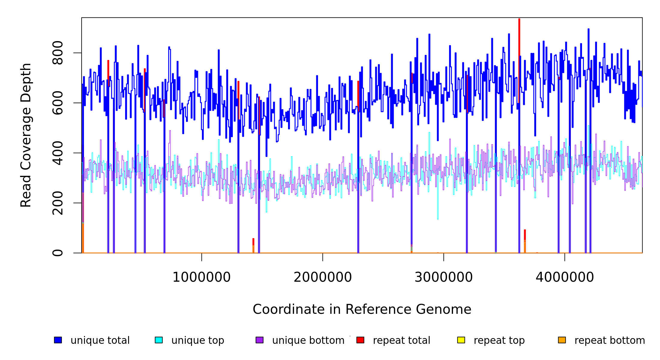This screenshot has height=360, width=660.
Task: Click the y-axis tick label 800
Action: (58, 53)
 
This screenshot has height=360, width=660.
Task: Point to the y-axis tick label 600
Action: (58, 103)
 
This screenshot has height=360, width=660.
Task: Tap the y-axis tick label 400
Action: (58, 153)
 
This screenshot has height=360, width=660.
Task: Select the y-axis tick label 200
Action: (58, 203)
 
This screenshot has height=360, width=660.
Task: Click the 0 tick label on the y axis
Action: (58, 253)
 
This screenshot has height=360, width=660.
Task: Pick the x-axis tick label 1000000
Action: (201, 277)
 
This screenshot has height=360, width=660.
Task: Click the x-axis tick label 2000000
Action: (322, 277)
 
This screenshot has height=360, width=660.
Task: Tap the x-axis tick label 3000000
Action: (443, 277)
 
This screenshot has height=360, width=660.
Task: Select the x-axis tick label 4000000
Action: (565, 277)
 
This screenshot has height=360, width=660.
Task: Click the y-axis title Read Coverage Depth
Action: (26, 135)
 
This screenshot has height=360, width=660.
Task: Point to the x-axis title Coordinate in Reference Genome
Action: (362, 309)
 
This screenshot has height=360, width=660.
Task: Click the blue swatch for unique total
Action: (58, 340)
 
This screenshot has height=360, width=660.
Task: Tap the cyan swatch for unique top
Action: (159, 340)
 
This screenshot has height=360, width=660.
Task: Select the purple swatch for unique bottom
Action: (259, 340)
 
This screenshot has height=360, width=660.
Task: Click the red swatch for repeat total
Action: (360, 340)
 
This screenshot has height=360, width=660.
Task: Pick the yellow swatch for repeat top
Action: (461, 340)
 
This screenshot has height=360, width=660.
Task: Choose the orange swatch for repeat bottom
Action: (562, 340)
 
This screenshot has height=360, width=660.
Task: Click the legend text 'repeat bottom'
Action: (610, 340)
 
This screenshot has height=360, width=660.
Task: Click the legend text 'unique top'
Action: (198, 340)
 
